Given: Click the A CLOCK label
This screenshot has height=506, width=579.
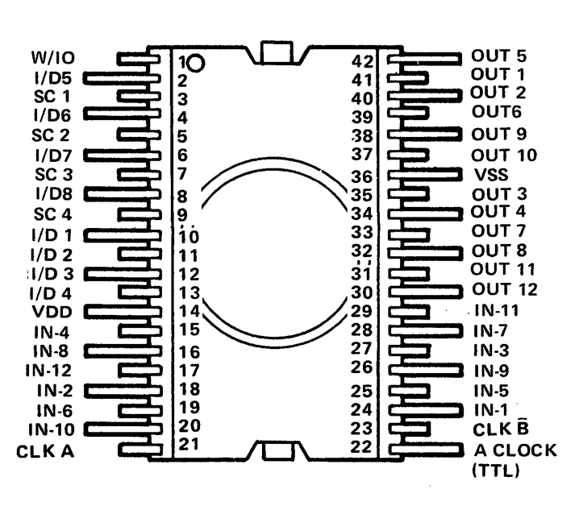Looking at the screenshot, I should click(513, 450).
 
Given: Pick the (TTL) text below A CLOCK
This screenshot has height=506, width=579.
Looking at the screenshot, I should click(494, 470).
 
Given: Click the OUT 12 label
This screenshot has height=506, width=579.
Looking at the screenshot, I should click(502, 289).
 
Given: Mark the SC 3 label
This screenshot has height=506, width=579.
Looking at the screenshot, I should click(52, 173).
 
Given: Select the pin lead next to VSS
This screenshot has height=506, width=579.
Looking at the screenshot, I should click(423, 174).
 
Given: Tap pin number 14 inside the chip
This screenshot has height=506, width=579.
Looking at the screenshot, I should click(188, 310).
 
